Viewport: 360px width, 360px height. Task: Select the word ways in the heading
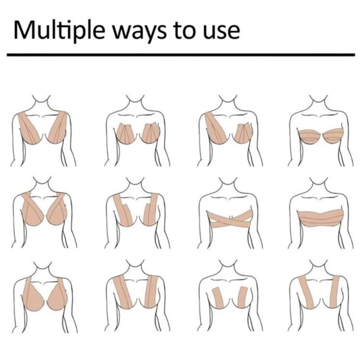[x=140, y=32]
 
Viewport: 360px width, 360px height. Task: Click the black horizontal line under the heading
[x=181, y=54]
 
